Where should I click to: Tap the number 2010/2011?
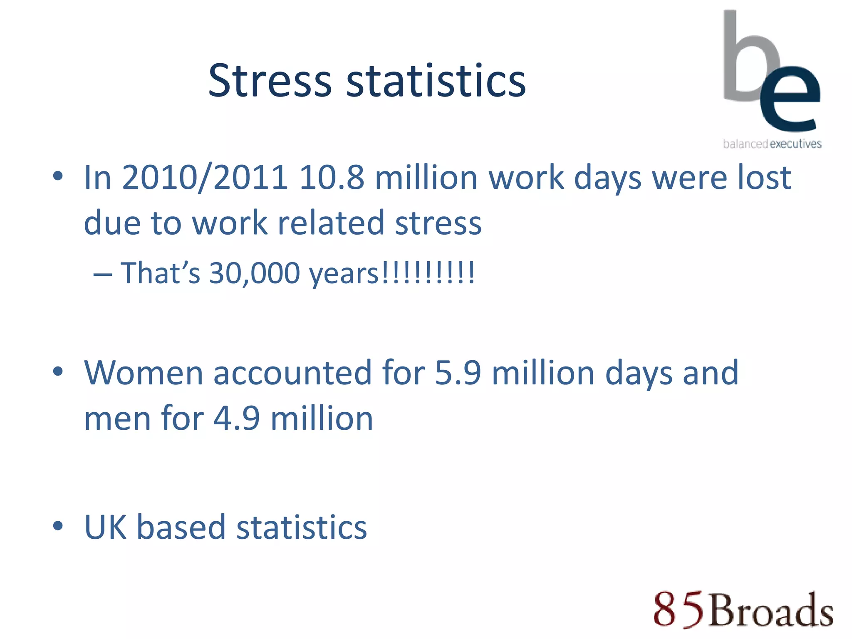point(204,178)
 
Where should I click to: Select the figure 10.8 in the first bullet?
point(332,178)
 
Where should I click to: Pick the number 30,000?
point(254,273)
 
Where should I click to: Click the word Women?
point(144,373)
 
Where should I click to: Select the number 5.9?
point(458,373)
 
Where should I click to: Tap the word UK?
point(105,528)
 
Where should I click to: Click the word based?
point(181,528)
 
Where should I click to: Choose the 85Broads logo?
point(743,609)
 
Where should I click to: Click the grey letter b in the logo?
point(745,58)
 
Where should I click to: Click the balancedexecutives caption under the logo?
point(772,144)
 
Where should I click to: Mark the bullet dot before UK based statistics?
point(58,526)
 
